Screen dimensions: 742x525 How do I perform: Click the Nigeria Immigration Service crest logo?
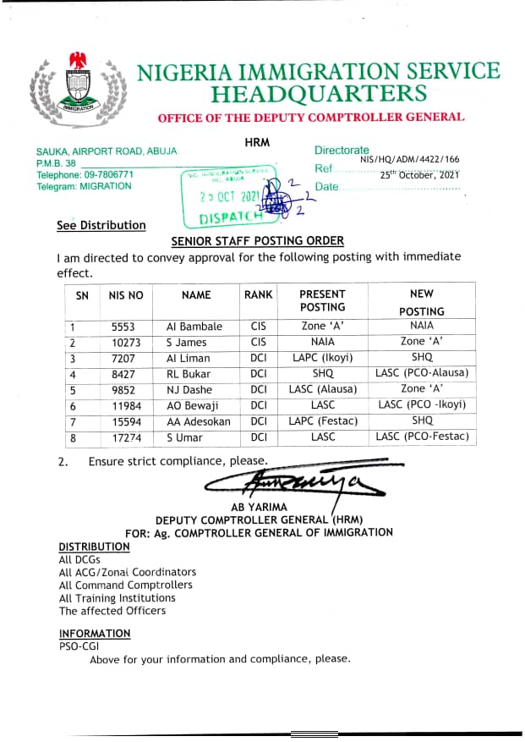(x=78, y=89)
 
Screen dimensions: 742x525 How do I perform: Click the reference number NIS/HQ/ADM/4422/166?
(x=409, y=158)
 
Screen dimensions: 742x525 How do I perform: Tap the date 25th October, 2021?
(x=419, y=174)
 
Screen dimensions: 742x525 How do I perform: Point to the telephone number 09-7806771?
(x=104, y=174)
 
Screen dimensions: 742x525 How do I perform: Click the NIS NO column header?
(x=126, y=295)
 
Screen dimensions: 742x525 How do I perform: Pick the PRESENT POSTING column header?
(x=322, y=300)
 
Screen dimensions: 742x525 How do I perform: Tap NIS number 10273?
(x=126, y=342)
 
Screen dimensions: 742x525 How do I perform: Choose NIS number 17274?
(x=126, y=437)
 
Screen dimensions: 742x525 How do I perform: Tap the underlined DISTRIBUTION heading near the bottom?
(x=94, y=547)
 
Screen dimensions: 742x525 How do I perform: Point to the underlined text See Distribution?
(x=101, y=226)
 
